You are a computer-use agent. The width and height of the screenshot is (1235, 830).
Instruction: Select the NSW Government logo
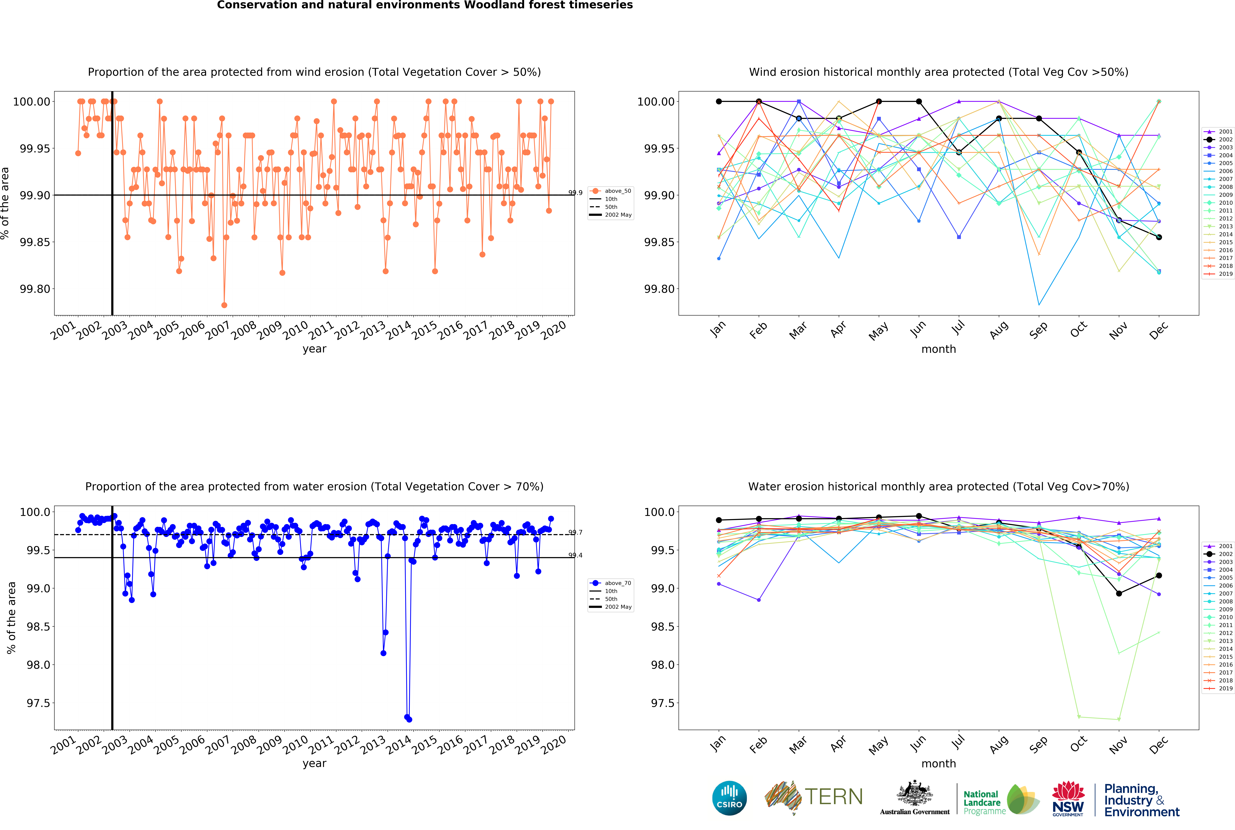coord(1068,798)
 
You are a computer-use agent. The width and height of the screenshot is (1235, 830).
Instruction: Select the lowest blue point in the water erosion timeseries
coord(409,719)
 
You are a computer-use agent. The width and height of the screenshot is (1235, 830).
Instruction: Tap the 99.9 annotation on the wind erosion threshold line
coord(575,193)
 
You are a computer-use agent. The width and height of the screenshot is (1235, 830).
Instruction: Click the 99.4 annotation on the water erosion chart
coord(575,555)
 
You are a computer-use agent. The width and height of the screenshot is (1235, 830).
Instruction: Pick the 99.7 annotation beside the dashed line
coord(575,533)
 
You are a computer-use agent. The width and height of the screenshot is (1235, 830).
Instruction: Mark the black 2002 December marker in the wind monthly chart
coord(1159,237)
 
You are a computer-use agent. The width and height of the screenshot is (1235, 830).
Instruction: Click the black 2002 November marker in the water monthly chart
coord(1119,593)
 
